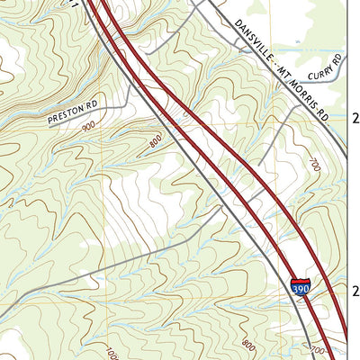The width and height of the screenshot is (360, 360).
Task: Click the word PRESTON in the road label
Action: pyautogui.click(x=62, y=114)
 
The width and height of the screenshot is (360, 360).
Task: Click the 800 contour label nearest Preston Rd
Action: pyautogui.click(x=156, y=141)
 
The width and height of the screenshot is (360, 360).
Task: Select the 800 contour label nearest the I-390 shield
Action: pyautogui.click(x=248, y=344)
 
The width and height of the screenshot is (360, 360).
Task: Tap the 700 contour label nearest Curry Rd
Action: pyautogui.click(x=313, y=166)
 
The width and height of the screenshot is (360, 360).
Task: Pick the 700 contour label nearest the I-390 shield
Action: pyautogui.click(x=316, y=348)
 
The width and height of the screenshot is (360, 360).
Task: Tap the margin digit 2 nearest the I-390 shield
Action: pyautogui.click(x=355, y=291)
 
